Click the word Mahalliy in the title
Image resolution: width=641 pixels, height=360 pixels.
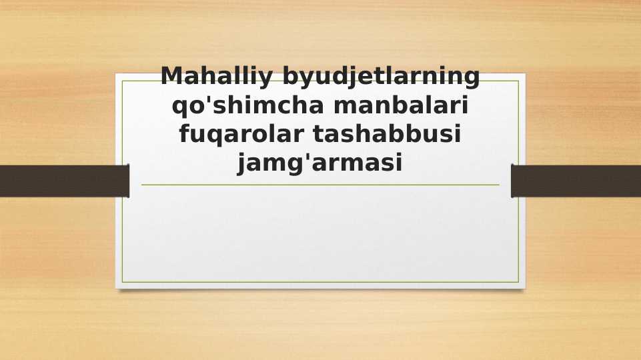(x=217, y=77)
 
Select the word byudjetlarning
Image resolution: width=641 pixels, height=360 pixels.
(x=381, y=77)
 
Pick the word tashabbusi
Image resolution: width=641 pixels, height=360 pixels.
(x=388, y=134)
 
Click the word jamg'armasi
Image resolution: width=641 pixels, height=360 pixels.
(x=320, y=163)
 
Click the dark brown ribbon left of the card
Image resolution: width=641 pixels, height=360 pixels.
(x=64, y=181)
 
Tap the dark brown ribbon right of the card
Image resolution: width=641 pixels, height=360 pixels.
(x=576, y=181)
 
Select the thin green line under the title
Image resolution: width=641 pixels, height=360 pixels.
(x=320, y=185)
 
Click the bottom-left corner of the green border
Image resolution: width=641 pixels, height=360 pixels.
(x=122, y=282)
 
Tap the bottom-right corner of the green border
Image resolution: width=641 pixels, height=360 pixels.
(x=518, y=282)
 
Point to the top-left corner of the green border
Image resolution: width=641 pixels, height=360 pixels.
(x=122, y=81)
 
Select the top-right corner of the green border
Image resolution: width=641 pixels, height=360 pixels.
(x=518, y=81)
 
